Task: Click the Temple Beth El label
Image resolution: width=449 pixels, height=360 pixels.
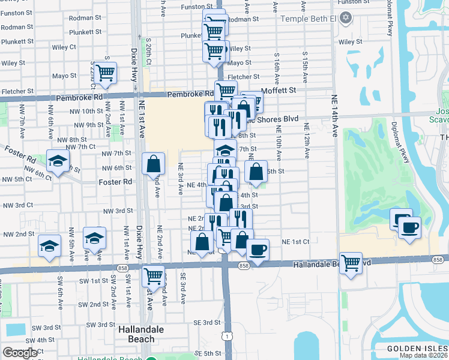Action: point(307,19)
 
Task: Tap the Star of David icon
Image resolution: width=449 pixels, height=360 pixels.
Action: point(345,19)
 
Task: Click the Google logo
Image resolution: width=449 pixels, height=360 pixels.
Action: point(20,353)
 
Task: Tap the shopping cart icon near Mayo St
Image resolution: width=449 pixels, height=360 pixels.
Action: point(105,73)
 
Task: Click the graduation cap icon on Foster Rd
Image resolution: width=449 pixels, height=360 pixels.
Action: point(58,161)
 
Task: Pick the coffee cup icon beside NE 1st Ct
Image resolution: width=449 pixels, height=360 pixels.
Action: point(258,248)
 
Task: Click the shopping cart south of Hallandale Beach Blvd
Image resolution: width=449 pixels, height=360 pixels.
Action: point(154,275)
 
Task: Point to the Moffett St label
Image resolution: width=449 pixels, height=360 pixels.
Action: point(280,90)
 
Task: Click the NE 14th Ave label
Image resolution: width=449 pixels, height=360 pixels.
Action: point(333,115)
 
